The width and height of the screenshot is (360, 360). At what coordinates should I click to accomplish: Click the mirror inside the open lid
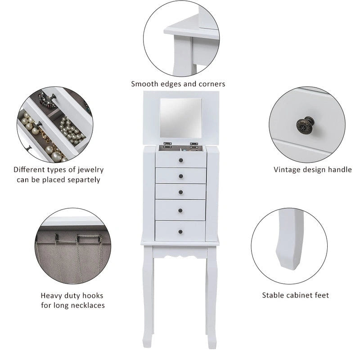(x=180, y=116)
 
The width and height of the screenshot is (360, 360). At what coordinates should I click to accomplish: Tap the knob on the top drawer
(x=180, y=159)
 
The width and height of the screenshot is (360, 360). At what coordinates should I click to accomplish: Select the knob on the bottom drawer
(x=180, y=231)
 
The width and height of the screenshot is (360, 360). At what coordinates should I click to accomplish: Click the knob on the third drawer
(x=180, y=192)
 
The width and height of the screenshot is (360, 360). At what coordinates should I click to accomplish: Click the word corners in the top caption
(x=211, y=84)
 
